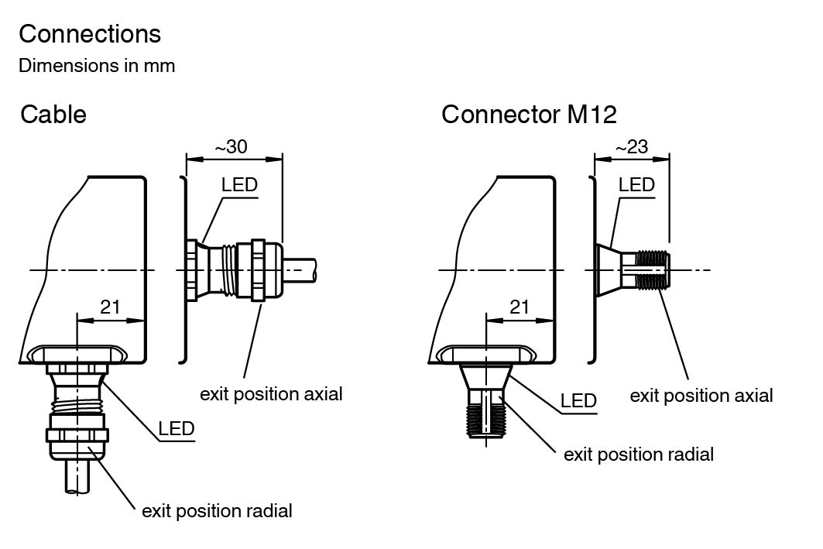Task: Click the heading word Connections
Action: point(90,34)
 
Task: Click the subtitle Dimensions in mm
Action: point(97,66)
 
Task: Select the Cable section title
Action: point(53,115)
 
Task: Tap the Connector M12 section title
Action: point(529,115)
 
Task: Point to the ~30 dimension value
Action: point(233,146)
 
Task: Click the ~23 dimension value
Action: point(631,146)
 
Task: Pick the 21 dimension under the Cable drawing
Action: point(111,307)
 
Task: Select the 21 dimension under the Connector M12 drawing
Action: point(520,307)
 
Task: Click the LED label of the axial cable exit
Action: point(239,185)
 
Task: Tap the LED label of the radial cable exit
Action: point(176,429)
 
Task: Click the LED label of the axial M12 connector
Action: point(636,185)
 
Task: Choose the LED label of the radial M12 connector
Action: point(578,401)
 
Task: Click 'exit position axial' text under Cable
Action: point(271,393)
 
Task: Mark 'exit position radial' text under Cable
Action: point(217,511)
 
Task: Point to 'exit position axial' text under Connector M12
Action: point(701,396)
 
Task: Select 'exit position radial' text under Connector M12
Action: point(639,454)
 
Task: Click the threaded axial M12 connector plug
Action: point(653,269)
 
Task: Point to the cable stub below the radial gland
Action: point(77,476)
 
